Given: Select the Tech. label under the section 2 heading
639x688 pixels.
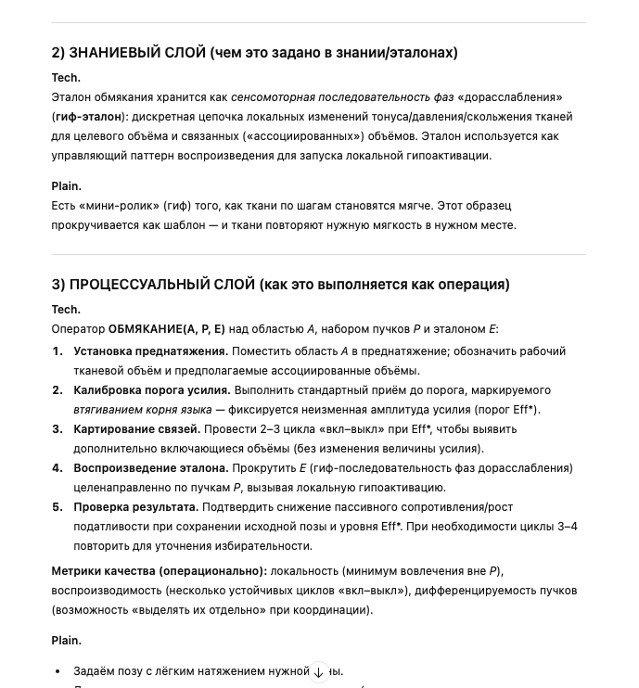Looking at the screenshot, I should [66, 78].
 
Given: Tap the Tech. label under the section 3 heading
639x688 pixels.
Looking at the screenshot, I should [66, 310].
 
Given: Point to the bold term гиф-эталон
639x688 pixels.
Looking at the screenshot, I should [89, 117].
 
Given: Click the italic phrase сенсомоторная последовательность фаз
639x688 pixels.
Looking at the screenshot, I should [342, 97].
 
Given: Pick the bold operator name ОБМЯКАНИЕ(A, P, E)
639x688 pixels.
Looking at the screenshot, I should [167, 329].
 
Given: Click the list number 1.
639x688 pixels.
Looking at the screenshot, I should [58, 351].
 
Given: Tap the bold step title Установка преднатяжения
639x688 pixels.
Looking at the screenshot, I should [151, 351].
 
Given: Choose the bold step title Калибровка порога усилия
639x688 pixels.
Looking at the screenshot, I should [152, 390].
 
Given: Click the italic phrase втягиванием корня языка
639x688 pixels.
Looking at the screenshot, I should [143, 410].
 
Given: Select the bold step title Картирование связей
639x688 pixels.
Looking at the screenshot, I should [137, 429].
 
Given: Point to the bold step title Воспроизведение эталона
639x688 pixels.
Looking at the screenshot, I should [151, 468].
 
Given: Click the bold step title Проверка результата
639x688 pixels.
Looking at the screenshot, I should [136, 507].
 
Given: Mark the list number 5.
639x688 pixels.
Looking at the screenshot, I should [58, 507].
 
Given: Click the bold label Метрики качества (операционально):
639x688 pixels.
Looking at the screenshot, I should [159, 571].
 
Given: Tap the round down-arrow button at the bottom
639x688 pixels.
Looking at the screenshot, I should [319, 672].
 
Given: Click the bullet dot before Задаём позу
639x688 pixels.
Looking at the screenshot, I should [58, 671].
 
